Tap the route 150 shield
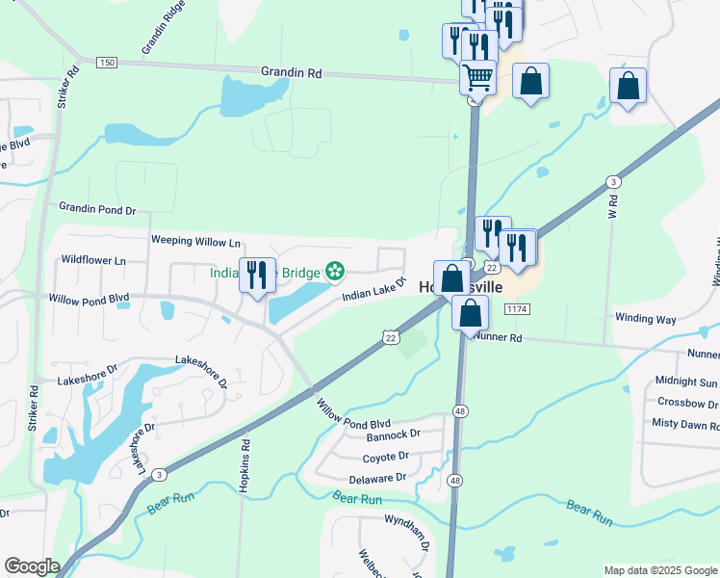pyautogui.click(x=106, y=63)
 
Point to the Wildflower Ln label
pyautogui.click(x=93, y=260)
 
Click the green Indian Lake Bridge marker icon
pyautogui.click(x=335, y=273)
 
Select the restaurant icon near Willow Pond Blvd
pyautogui.click(x=257, y=276)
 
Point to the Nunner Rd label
pyautogui.click(x=498, y=338)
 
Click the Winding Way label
pyautogui.click(x=646, y=318)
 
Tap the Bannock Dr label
pyautogui.click(x=394, y=434)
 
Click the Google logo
pyautogui.click(x=32, y=566)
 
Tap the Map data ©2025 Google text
pyautogui.click(x=659, y=570)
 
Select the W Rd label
pyautogui.click(x=610, y=210)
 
